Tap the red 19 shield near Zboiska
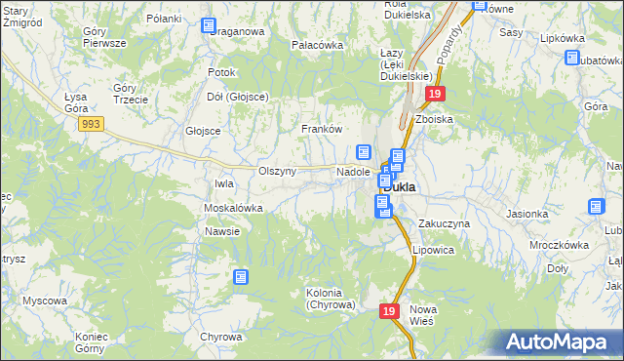[x=435, y=94]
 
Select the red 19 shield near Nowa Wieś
[x=389, y=310]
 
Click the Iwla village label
[x=224, y=182]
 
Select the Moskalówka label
[x=233, y=208]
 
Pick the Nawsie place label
[x=221, y=231]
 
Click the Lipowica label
[x=433, y=249]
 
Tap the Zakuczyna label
[x=444, y=223]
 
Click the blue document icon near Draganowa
[x=210, y=26]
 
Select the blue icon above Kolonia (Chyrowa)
[x=241, y=277]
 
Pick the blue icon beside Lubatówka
[x=571, y=58]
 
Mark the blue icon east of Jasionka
[x=596, y=207]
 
